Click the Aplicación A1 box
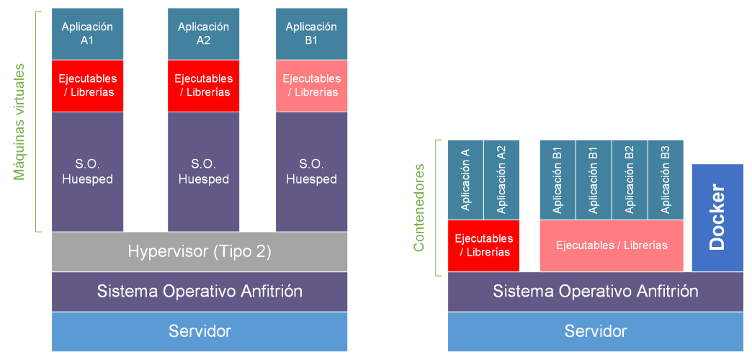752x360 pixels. pos(87,34)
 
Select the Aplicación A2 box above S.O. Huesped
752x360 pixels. pos(203,34)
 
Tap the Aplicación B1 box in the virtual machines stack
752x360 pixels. pos(311,34)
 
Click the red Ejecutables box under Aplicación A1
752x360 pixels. pos(87,86)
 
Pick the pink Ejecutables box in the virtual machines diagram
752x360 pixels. pos(311,86)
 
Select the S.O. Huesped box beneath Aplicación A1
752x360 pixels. pos(87,171)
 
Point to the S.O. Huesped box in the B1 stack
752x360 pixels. pos(311,171)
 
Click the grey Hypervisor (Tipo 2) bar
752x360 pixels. pos(200,251)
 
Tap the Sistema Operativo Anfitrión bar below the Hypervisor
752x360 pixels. pos(200,292)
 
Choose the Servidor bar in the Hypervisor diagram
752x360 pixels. pos(200,331)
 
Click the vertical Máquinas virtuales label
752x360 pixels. pos(19,122)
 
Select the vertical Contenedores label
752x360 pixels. pos(419,207)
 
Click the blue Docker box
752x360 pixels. pos(717,217)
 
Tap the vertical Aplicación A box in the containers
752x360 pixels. pos(465,179)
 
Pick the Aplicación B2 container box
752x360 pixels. pos(630,179)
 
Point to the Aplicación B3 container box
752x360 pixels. pos(666,179)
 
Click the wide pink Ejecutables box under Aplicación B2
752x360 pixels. pos(612,246)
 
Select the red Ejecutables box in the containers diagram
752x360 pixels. pos(483,246)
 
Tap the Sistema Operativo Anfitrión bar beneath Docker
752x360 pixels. pos(595,292)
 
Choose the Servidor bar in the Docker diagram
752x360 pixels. pos(595,331)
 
